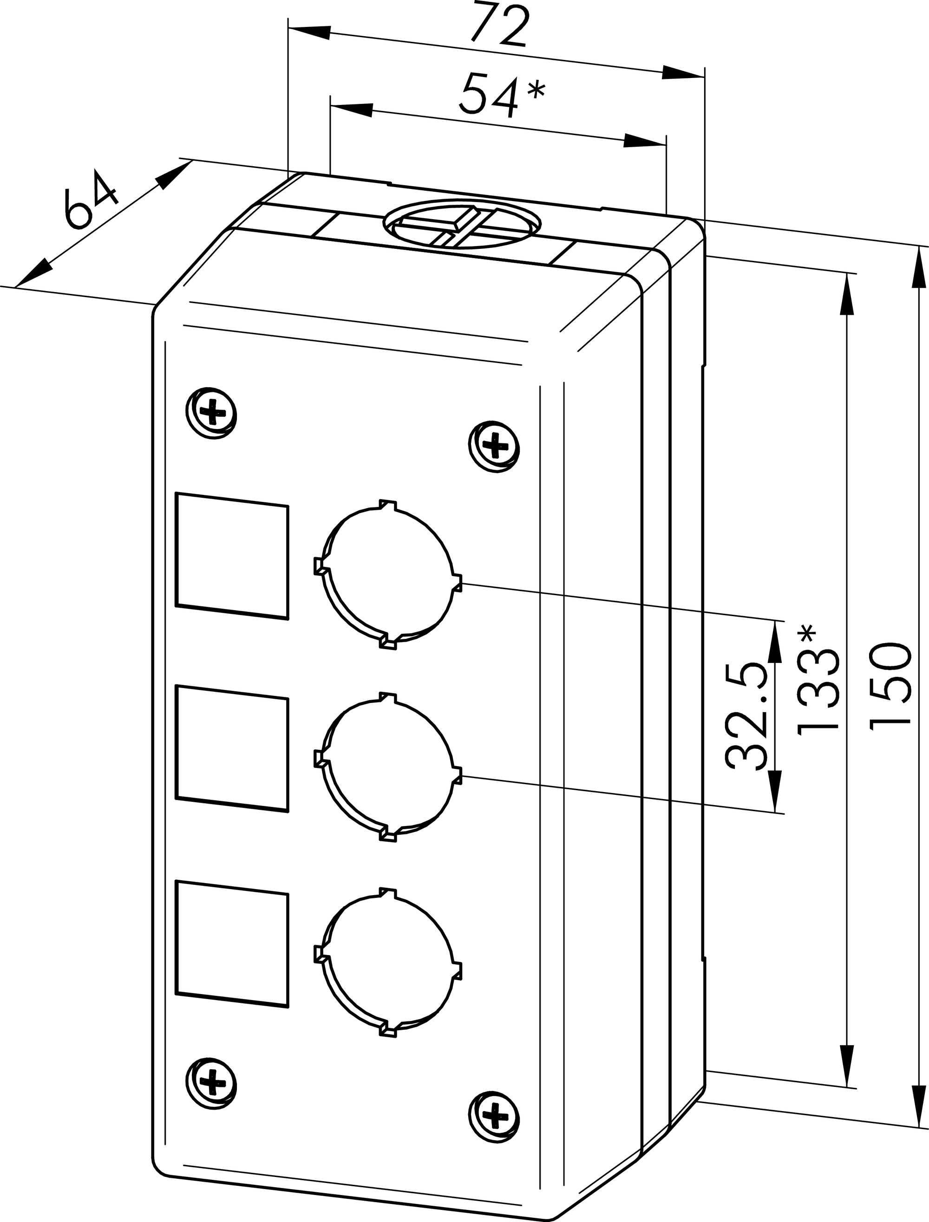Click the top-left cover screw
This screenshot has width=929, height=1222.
[212, 412]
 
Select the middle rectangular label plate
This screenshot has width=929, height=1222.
[232, 749]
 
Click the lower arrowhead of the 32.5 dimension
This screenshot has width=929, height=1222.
[776, 790]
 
